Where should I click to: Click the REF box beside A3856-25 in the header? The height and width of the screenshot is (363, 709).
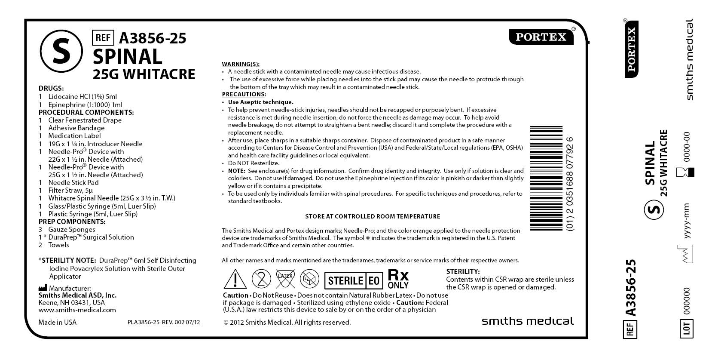pyautogui.click(x=103, y=38)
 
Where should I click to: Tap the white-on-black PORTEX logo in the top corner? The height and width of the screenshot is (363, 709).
pyautogui.click(x=541, y=37)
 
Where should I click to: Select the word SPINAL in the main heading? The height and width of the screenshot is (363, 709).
pyautogui.click(x=128, y=56)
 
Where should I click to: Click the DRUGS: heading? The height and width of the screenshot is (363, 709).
pyautogui.click(x=51, y=89)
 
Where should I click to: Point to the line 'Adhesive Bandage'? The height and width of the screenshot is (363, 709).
pyautogui.click(x=76, y=128)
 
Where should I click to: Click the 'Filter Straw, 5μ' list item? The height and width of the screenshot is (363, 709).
pyautogui.click(x=70, y=190)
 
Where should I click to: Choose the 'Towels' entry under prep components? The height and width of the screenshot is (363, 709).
pyautogui.click(x=58, y=245)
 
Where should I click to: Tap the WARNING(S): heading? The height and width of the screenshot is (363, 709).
pyautogui.click(x=241, y=64)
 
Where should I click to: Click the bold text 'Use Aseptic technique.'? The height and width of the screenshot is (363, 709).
pyautogui.click(x=260, y=102)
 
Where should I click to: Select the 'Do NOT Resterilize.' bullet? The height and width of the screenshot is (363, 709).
pyautogui.click(x=254, y=163)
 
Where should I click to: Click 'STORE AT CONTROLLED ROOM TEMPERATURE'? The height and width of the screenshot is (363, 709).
pyautogui.click(x=373, y=216)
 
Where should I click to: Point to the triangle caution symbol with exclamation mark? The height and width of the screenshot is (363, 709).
pyautogui.click(x=235, y=279)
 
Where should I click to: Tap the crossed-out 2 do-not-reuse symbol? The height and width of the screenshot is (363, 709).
pyautogui.click(x=261, y=279)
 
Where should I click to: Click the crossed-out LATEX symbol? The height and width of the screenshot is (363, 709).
pyautogui.click(x=285, y=279)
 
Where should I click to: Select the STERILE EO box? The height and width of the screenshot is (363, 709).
pyautogui.click(x=353, y=281)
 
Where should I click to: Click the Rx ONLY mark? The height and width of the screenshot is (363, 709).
pyautogui.click(x=398, y=279)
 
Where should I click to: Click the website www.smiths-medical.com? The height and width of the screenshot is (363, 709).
pyautogui.click(x=77, y=310)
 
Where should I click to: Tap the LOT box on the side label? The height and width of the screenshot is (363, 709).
pyautogui.click(x=686, y=329)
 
